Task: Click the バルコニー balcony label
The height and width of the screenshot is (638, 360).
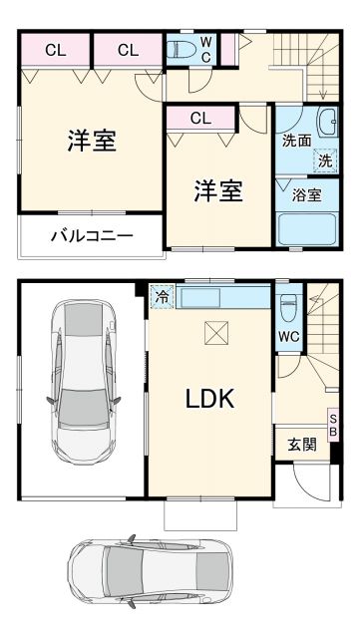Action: (x=92, y=236)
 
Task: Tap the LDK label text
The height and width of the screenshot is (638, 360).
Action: (x=209, y=399)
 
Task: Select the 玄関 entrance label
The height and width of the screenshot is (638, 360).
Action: (x=302, y=445)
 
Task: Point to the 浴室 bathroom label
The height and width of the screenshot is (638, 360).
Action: (x=306, y=195)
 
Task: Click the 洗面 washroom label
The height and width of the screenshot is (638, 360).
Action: (x=296, y=141)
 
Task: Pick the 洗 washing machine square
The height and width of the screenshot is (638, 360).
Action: (x=325, y=159)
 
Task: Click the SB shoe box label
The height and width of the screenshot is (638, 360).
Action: (x=333, y=424)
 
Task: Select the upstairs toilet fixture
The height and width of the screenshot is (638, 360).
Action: (x=182, y=50)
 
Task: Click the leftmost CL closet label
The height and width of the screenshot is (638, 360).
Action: (x=55, y=49)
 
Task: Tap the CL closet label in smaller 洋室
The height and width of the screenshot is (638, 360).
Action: (x=200, y=119)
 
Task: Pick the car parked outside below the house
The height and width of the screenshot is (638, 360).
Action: (x=152, y=579)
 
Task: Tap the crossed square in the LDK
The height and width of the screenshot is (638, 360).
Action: (x=215, y=333)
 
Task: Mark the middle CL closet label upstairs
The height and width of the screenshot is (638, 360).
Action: (x=127, y=49)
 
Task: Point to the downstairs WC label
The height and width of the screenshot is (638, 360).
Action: (x=289, y=337)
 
